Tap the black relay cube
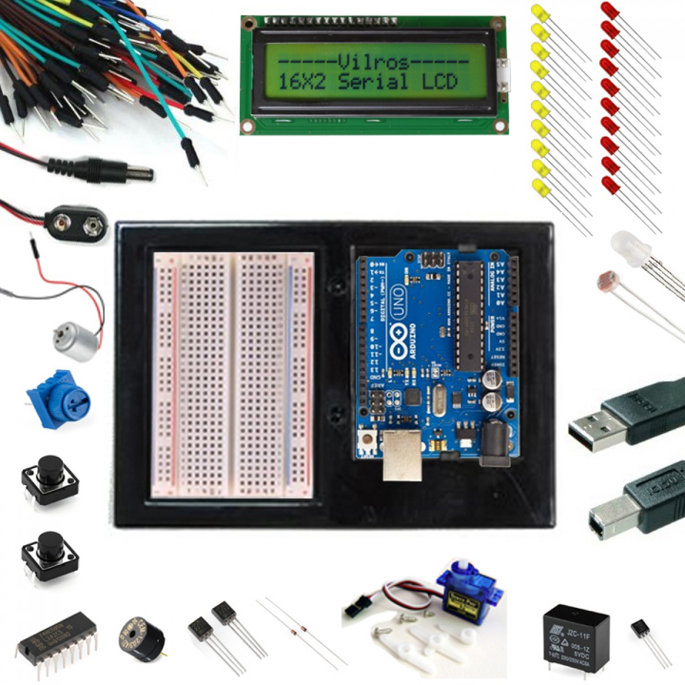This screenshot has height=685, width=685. tap(575, 636)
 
